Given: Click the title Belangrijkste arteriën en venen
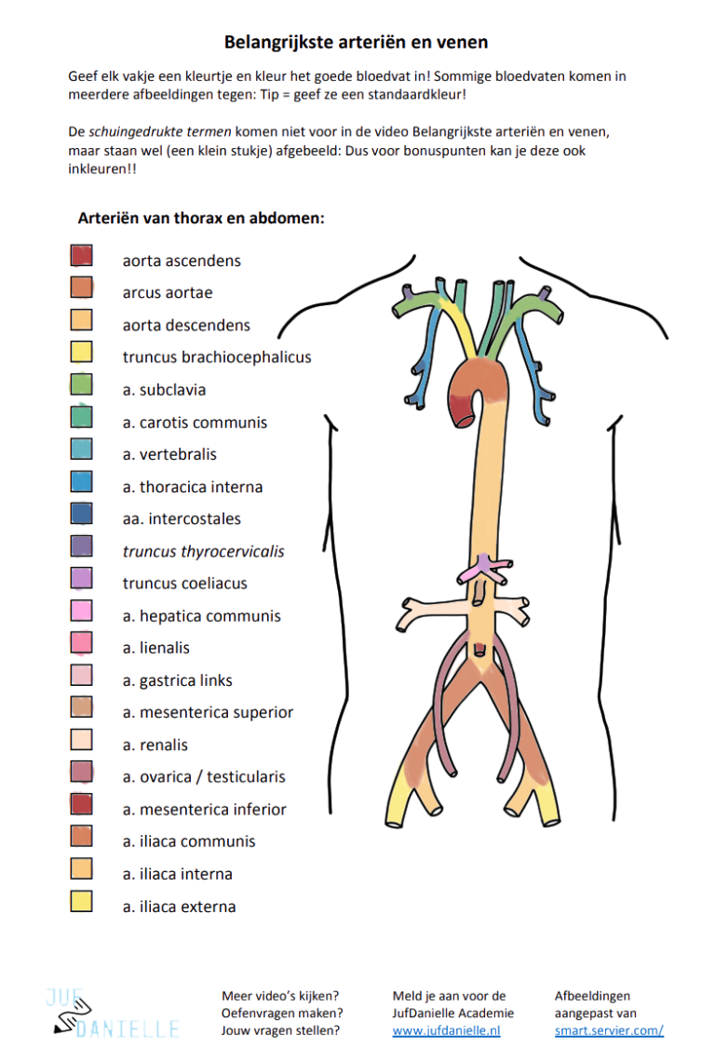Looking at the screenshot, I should coord(357,42).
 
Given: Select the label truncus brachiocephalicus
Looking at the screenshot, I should coord(217,357).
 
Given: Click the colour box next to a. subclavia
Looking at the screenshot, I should coord(81,383).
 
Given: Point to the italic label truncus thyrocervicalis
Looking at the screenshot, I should coord(203,551).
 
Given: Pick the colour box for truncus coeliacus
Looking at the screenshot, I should coord(81,577).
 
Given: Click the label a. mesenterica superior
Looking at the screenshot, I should coord(208,713).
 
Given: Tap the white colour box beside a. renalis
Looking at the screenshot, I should coord(81,739).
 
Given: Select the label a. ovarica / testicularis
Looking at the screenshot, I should coord(204,777).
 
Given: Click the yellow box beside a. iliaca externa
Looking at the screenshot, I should coord(81,900).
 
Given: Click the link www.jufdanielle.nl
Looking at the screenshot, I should coord(446,1030).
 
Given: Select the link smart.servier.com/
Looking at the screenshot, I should coord(609,1030).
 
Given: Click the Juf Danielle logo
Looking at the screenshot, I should coord(112,1013).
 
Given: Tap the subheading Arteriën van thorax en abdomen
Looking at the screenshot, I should coord(201,219).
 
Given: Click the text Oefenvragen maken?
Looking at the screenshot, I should coord(282,1013).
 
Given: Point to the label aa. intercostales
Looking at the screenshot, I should coord(182,519).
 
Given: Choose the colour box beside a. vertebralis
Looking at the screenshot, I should coord(81,449).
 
